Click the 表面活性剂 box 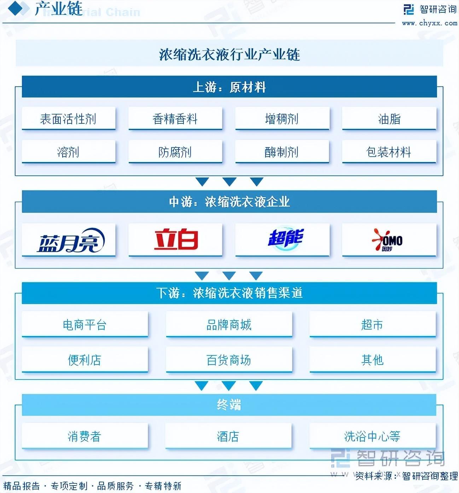69,118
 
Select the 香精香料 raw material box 175,118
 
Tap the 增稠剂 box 282,118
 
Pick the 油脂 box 389,118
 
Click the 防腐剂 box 175,152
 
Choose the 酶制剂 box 282,152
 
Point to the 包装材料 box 389,152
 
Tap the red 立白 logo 176,239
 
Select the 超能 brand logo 285,238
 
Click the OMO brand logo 388,240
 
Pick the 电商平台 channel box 85,324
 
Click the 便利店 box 85,360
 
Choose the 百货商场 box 229,360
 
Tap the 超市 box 372,324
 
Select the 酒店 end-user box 228,436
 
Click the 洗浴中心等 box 372,436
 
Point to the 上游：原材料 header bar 229,87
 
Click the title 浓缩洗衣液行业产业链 229,54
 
